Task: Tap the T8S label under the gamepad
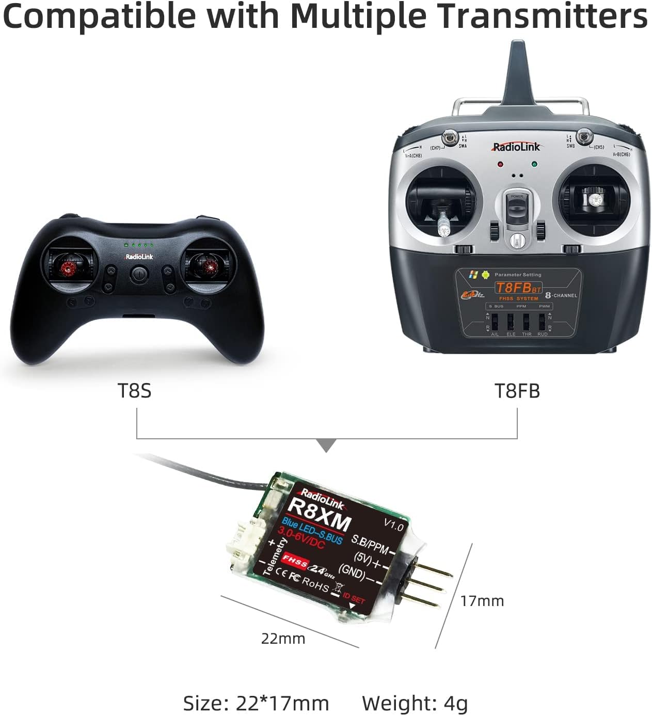click(135, 390)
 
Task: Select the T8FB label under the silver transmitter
click(517, 391)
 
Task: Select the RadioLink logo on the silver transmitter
click(516, 147)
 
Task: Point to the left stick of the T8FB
click(443, 222)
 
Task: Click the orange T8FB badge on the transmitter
click(518, 288)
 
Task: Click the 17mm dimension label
click(482, 600)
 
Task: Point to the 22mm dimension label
click(283, 639)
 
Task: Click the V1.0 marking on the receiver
click(393, 525)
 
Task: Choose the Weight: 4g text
click(415, 703)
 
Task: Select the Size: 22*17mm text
click(256, 703)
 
